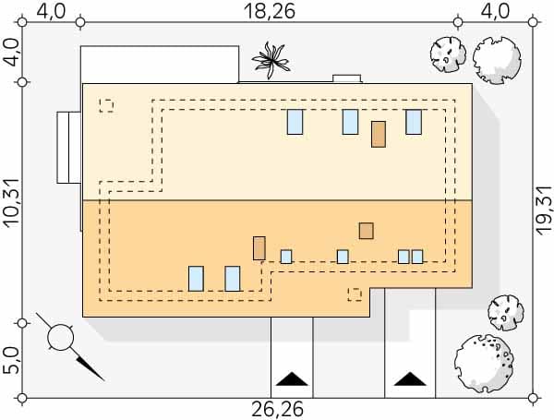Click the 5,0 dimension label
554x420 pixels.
11,360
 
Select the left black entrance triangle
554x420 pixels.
292,378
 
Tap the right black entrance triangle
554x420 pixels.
406,378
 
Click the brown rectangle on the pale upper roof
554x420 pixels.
379,134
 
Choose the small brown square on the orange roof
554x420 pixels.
367,231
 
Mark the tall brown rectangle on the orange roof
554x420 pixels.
259,247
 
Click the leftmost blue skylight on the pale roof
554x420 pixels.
295,121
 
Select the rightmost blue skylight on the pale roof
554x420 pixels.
413,121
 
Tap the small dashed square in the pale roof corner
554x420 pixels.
106,105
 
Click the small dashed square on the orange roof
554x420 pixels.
354,294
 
